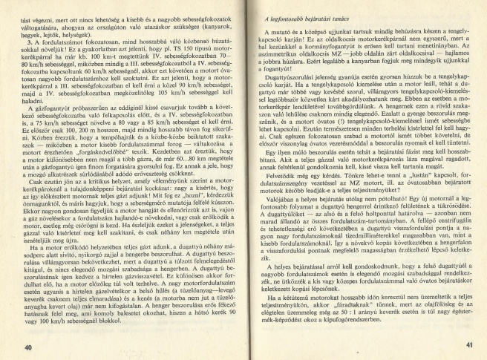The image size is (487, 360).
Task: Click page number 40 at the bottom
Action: click(x=27, y=347)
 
